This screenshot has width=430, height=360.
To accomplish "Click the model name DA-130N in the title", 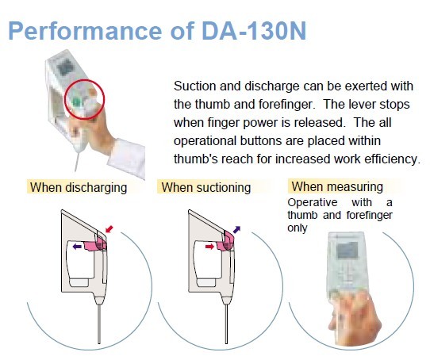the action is pyautogui.click(x=254, y=31).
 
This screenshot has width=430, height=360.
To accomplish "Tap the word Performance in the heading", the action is pyautogui.click(x=85, y=32).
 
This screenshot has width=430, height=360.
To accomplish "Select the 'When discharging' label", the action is pyautogui.click(x=79, y=188).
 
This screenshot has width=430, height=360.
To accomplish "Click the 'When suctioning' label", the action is pyautogui.click(x=206, y=188).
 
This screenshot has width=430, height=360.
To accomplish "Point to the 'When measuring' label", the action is pyautogui.click(x=337, y=186).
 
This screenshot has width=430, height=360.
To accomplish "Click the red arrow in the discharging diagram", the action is pyautogui.click(x=109, y=229).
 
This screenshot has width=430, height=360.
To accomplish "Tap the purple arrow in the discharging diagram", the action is pyautogui.click(x=77, y=247).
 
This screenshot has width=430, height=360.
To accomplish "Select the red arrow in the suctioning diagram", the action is pyautogui.click(x=209, y=247).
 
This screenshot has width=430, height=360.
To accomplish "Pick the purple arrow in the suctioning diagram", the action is pyautogui.click(x=236, y=229).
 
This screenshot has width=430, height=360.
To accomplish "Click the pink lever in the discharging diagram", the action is pyautogui.click(x=95, y=244).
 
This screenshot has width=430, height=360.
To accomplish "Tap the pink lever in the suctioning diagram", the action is pyautogui.click(x=225, y=243).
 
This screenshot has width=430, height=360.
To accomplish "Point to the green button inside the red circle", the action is pyautogui.click(x=76, y=102).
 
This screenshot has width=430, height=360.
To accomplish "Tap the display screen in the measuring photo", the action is pyautogui.click(x=347, y=251).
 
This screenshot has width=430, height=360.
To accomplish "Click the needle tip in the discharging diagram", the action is pyautogui.click(x=99, y=343).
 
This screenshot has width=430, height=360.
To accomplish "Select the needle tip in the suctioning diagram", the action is pyautogui.click(x=227, y=343).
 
